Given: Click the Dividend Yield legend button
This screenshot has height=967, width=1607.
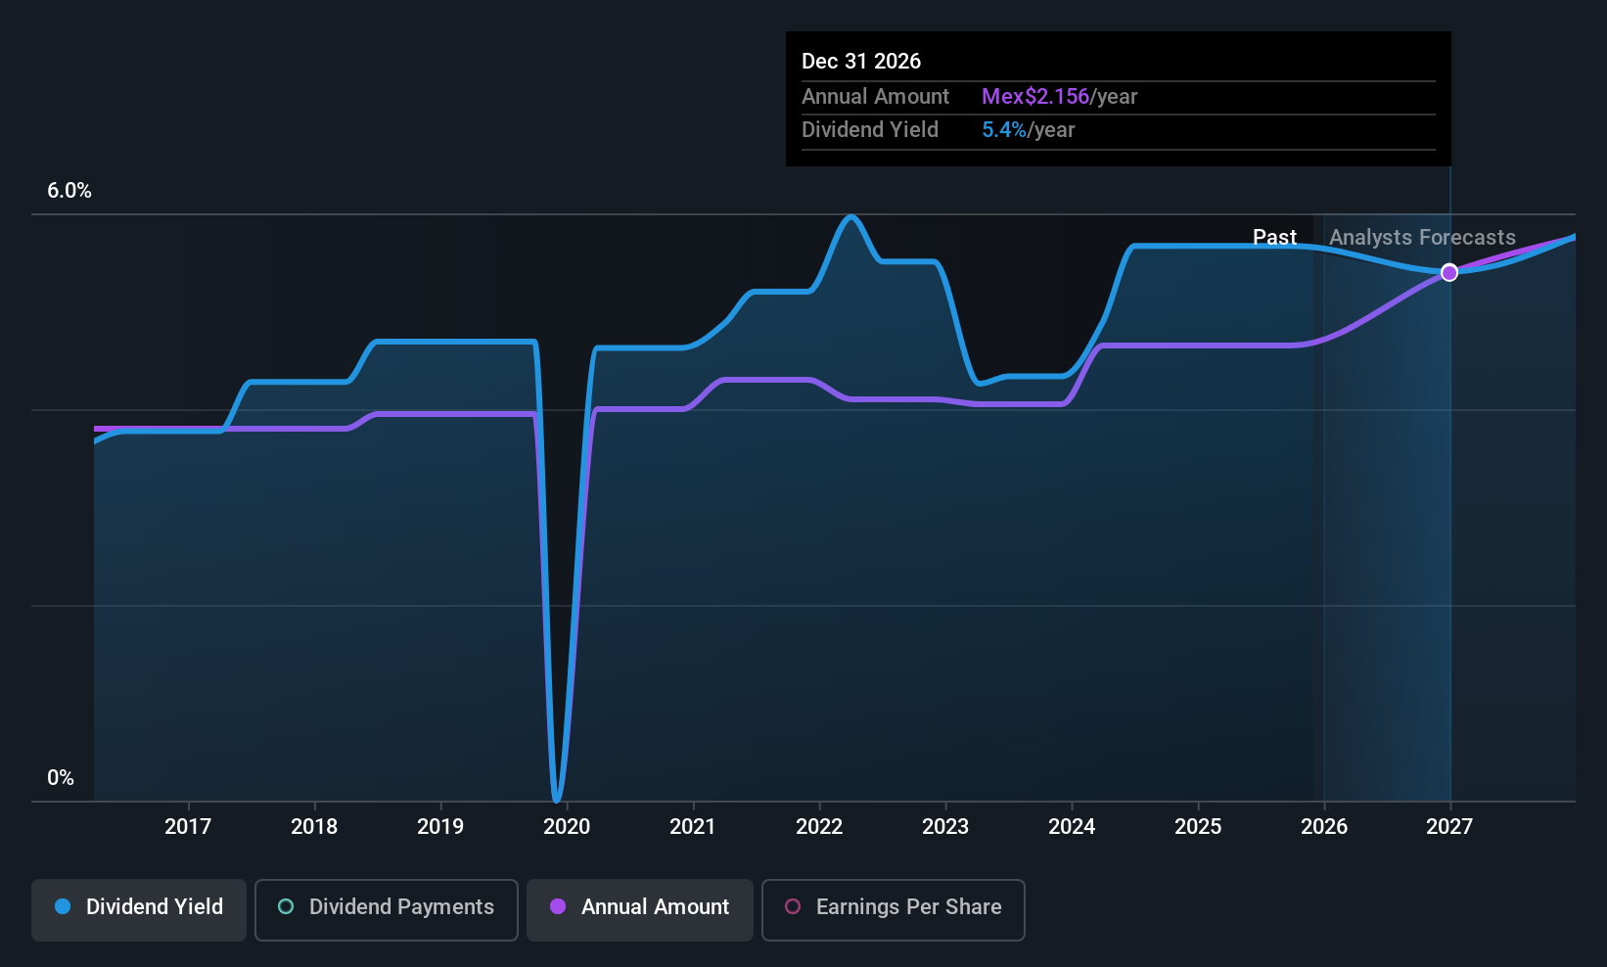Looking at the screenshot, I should (139, 908).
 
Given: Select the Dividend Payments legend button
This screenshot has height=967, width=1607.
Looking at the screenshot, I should (387, 908).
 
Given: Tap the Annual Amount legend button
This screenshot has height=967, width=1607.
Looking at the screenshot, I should (640, 908).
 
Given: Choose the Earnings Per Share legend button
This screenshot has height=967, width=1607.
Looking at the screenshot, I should (893, 908).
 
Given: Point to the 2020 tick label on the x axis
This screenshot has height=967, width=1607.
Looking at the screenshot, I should (567, 827).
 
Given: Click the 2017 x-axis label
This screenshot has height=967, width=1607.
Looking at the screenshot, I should (188, 827).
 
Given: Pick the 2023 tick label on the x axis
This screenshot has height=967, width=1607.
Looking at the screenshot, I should (945, 827).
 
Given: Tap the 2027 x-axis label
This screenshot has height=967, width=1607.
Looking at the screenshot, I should (1449, 827).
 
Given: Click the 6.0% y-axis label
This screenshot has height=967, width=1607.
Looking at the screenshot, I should (69, 191).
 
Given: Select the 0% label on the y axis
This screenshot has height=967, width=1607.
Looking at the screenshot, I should (61, 778).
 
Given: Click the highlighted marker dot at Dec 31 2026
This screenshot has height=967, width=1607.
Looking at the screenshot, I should (1449, 272).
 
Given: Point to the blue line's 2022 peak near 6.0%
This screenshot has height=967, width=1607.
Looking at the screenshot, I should (851, 216).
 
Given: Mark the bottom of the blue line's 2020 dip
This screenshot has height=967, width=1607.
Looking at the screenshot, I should (557, 800).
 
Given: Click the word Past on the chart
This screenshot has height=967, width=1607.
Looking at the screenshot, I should (1274, 238).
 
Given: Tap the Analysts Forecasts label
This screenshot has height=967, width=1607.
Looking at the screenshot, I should (1422, 238).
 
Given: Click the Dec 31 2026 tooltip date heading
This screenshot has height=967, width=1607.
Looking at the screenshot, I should (861, 62).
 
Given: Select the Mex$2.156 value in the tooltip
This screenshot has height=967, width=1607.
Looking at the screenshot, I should (1035, 97).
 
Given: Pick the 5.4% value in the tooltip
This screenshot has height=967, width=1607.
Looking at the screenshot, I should (1004, 130).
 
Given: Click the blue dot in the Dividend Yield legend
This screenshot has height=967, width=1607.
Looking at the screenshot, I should (63, 907).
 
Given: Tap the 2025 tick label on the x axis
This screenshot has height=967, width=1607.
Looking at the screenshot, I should (1198, 827).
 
